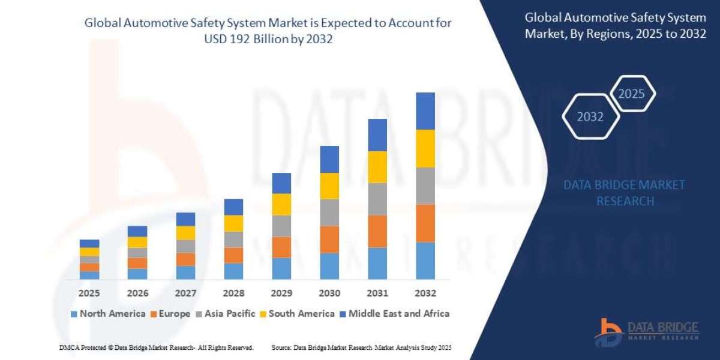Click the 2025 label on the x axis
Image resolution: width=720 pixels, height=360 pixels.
[89, 293]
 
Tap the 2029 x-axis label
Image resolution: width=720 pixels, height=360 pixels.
[281, 293]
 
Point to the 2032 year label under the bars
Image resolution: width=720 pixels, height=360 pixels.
[425, 293]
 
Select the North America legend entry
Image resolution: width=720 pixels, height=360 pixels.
[108, 313]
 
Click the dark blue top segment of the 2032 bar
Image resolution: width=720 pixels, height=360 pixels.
[425, 111]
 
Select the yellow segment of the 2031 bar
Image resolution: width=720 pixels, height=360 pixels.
[377, 167]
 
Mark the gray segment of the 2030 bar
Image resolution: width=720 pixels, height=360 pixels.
[329, 212]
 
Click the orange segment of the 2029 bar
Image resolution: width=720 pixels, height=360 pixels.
[281, 247]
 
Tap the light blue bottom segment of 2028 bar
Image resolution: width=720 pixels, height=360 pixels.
[233, 271]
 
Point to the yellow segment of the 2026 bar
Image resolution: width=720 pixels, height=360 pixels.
[137, 242]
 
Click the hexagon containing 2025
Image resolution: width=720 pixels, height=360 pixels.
[632, 94]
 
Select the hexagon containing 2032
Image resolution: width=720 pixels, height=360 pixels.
[590, 116]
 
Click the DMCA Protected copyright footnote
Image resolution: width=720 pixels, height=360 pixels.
[156, 347]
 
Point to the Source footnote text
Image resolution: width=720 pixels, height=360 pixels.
[361, 347]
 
